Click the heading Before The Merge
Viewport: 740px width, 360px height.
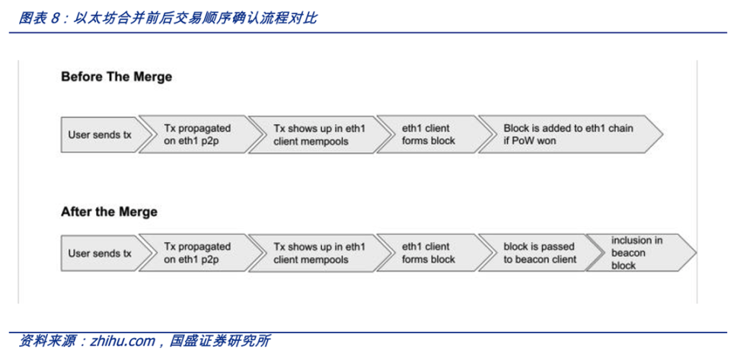tap(116, 77)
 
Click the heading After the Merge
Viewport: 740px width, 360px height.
tap(109, 212)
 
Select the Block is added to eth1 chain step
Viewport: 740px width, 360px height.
tap(570, 135)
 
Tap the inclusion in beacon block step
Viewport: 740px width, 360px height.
tap(641, 253)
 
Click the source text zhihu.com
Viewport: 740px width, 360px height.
tap(123, 341)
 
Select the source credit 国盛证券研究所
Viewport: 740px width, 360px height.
tap(220, 341)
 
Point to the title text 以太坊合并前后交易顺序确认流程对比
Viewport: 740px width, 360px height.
tap(196, 18)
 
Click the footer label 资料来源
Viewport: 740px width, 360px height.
tap(46, 341)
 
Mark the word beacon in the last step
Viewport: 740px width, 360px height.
tap(628, 253)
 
